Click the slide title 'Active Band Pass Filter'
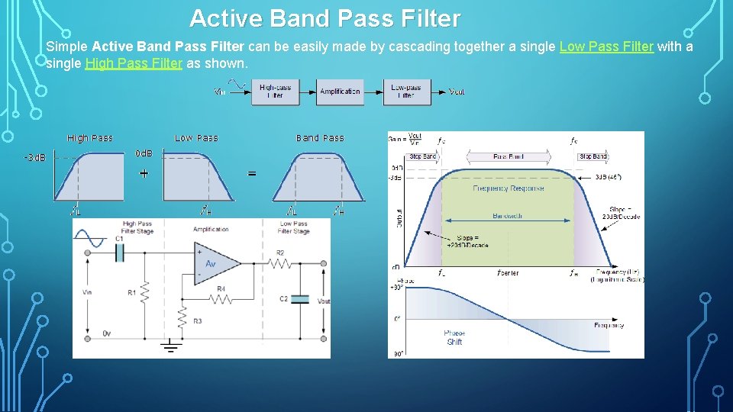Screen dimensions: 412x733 pos(325,18)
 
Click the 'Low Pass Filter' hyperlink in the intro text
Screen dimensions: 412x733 pos(606,47)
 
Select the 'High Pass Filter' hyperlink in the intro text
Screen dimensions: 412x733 pos(134,63)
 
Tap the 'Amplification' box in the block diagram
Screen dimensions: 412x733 pos(340,92)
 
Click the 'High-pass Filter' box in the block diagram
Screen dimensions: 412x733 pos(275,92)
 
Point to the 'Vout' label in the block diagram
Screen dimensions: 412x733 pos(457,92)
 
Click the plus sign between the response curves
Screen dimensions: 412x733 pos(144,173)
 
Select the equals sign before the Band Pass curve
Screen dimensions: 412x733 pos(252,174)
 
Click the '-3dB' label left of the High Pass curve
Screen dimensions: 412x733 pos(34,158)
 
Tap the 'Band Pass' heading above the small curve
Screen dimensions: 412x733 pos(320,138)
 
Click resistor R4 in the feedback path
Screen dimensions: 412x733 pos(221,298)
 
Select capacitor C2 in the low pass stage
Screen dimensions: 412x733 pos(300,299)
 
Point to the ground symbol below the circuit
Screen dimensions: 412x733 pos(170,348)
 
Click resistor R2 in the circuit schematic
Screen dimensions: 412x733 pos(279,263)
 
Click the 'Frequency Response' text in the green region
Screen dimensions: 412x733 pos(509,188)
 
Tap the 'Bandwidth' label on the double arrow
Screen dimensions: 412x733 pos(507,216)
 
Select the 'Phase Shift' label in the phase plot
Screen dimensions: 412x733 pos(454,337)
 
